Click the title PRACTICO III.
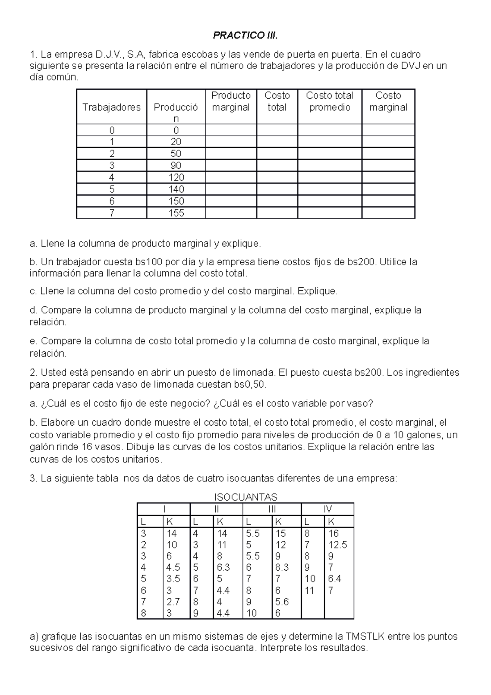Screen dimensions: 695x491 point(245,36)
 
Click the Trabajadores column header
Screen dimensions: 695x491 point(111,107)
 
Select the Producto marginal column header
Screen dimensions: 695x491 point(231,101)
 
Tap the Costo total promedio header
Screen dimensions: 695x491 point(329,101)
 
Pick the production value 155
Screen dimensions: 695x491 point(176,213)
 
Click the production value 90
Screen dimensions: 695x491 point(176,165)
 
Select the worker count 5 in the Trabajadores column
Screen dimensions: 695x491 point(111,189)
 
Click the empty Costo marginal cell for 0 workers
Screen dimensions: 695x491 point(388,130)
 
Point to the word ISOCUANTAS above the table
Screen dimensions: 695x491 point(245,497)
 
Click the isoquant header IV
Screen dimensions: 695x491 point(327,509)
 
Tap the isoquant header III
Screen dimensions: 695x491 point(272,509)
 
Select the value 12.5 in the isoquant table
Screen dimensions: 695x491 point(338,545)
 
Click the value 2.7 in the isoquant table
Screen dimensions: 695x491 point(173,602)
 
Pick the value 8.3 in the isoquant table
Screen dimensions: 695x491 point(282,567)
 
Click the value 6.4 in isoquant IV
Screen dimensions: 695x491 point(334,579)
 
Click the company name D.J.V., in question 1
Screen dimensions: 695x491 point(110,54)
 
